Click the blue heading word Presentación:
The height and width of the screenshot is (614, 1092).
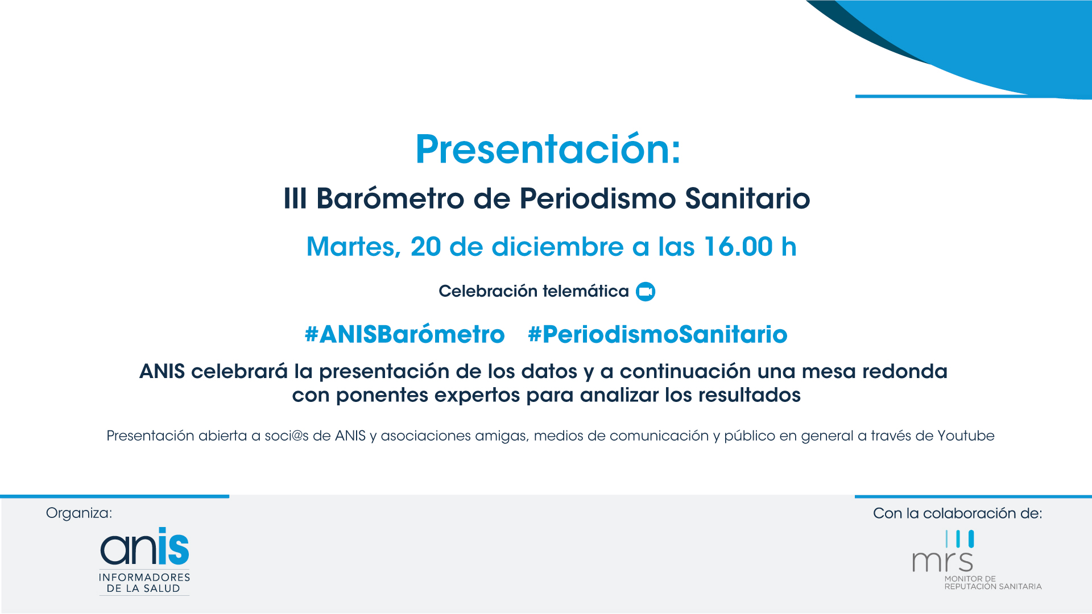548,149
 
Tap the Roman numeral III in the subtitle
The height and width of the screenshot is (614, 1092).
295,198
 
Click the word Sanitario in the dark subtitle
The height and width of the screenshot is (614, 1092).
747,198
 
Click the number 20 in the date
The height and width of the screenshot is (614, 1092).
425,247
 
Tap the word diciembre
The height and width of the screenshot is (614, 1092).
557,247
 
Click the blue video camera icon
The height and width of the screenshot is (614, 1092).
646,292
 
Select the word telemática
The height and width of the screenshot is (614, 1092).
585,291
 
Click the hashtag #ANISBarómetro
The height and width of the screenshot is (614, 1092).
404,334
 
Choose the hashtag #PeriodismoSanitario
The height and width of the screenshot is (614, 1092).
657,334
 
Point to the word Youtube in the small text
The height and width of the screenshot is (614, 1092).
966,436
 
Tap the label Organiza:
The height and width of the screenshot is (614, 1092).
79,513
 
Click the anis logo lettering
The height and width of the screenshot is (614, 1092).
144,546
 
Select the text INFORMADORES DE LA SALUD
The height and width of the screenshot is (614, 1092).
144,583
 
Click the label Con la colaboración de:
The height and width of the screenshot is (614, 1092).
958,513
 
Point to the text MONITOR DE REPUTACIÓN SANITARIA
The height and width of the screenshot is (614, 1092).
993,583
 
